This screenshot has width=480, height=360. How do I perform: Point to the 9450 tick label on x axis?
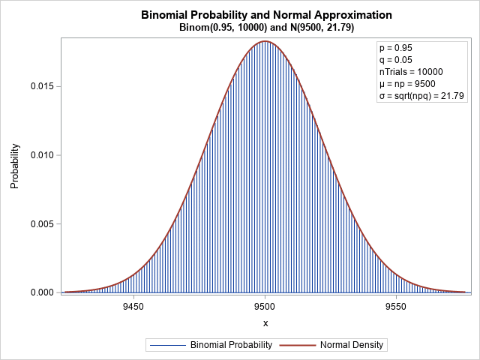pyautogui.click(x=133, y=307)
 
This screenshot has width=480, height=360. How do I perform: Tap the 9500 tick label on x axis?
pyautogui.click(x=265, y=307)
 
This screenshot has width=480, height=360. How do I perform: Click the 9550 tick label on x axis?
pyautogui.click(x=396, y=307)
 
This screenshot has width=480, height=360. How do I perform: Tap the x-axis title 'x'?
pyautogui.click(x=265, y=323)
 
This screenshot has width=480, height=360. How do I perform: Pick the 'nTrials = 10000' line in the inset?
pyautogui.click(x=411, y=72)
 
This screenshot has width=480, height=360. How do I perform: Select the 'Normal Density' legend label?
pyautogui.click(x=352, y=346)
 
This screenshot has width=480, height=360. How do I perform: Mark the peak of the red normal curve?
pyautogui.click(x=265, y=41)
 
